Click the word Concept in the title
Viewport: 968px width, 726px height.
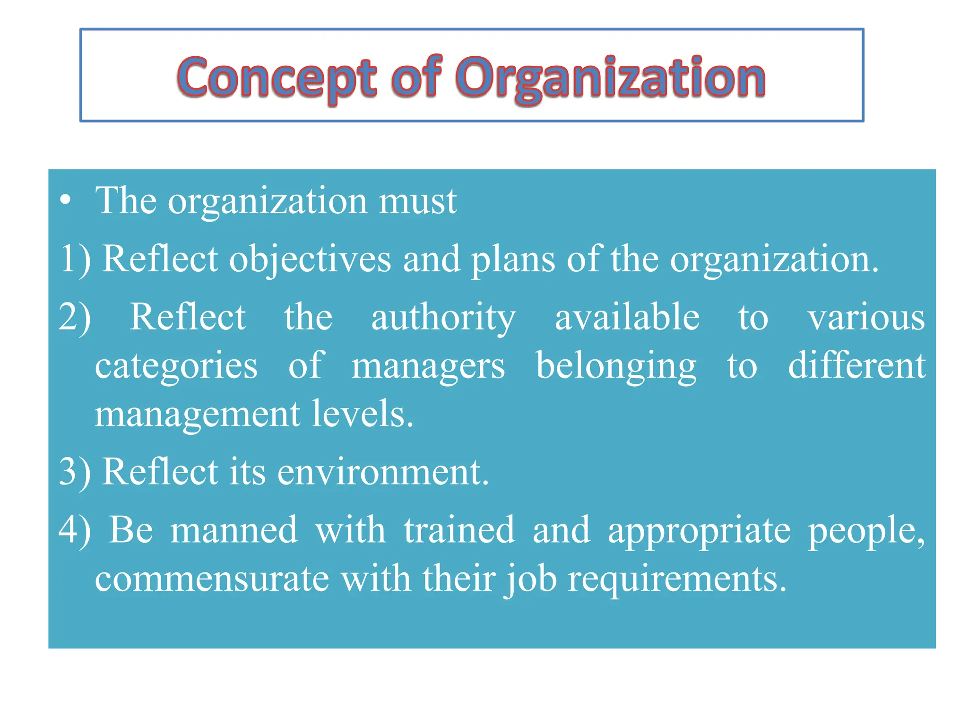277,78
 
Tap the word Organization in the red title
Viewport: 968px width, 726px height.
610,78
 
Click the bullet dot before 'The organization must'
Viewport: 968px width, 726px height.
66,200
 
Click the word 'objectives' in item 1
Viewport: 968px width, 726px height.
310,260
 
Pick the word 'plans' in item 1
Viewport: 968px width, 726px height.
513,260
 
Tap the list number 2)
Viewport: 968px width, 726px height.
75,318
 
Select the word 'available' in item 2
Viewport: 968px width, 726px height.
627,318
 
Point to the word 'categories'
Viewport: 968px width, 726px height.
176,367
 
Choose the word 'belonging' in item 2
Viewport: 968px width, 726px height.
616,367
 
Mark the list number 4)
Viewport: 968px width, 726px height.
75,530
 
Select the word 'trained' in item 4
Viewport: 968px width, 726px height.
459,530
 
